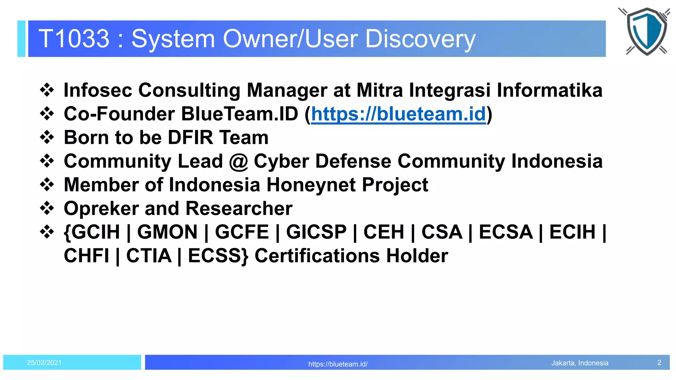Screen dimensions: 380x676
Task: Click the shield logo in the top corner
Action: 646,31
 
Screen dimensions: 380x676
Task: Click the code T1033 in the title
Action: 74,39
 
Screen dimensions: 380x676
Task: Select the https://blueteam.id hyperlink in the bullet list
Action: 398,114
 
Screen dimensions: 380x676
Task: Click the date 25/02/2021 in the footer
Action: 44,363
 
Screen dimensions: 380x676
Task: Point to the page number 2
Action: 659,363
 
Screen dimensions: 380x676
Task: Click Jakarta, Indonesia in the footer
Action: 580,363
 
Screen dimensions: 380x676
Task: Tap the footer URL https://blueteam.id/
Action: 338,364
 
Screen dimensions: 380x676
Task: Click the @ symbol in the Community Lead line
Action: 238,162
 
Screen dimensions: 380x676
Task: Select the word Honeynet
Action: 311,185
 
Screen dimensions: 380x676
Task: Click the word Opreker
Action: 101,209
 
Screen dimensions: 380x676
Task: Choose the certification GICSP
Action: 316,232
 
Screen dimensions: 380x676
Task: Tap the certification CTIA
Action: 149,256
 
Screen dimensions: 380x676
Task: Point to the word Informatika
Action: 549,90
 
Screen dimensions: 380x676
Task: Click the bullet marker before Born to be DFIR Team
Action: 47,137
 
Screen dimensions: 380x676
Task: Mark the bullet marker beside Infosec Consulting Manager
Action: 47,90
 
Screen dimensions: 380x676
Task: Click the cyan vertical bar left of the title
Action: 21,39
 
